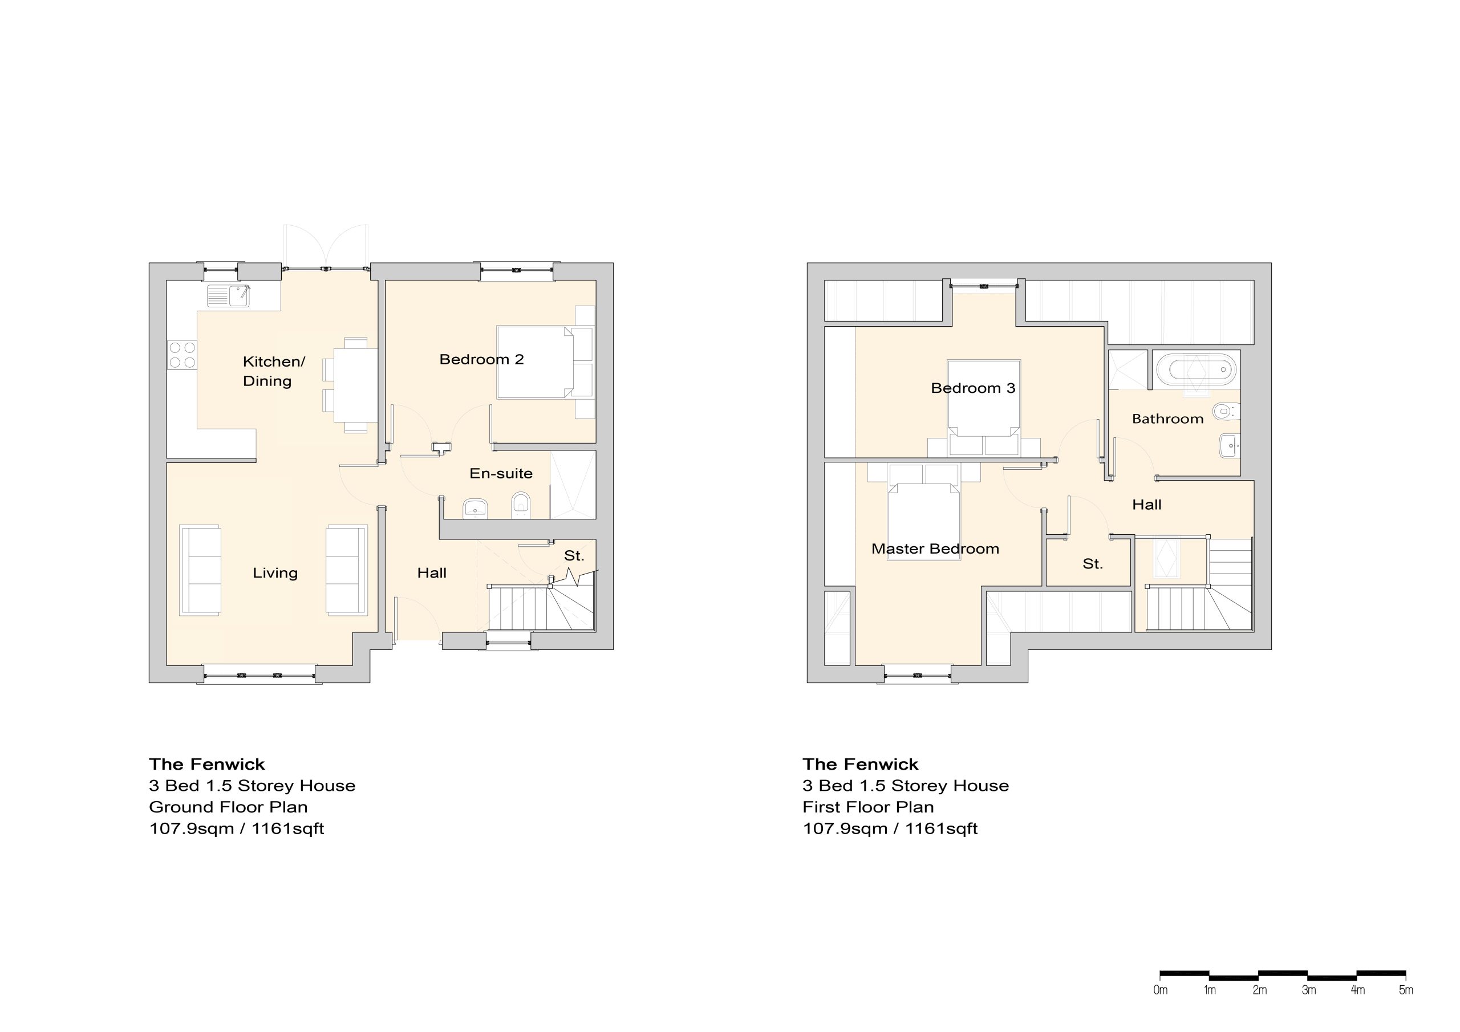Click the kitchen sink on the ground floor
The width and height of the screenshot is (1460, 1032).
[228, 296]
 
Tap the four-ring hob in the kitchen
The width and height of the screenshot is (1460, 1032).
[182, 355]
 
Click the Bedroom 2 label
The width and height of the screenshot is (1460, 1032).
[481, 359]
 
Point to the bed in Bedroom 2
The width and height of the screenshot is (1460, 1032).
[536, 362]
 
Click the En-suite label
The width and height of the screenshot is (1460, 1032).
[501, 473]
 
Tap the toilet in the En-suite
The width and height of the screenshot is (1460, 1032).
[521, 505]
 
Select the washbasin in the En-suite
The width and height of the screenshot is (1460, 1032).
[475, 508]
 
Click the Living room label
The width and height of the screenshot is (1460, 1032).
[275, 573]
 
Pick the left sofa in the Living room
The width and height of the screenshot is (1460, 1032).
[200, 570]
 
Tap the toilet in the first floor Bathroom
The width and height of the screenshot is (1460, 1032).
[1226, 412]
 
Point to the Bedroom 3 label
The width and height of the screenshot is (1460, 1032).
[973, 388]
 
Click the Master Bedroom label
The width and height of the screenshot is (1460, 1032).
[935, 548]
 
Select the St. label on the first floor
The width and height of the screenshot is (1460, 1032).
[1093, 563]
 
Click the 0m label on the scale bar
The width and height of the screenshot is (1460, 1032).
[1160, 990]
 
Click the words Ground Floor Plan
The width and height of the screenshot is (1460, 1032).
[228, 807]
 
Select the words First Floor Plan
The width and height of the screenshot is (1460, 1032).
[868, 807]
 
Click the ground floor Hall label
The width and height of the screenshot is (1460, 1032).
[432, 573]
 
